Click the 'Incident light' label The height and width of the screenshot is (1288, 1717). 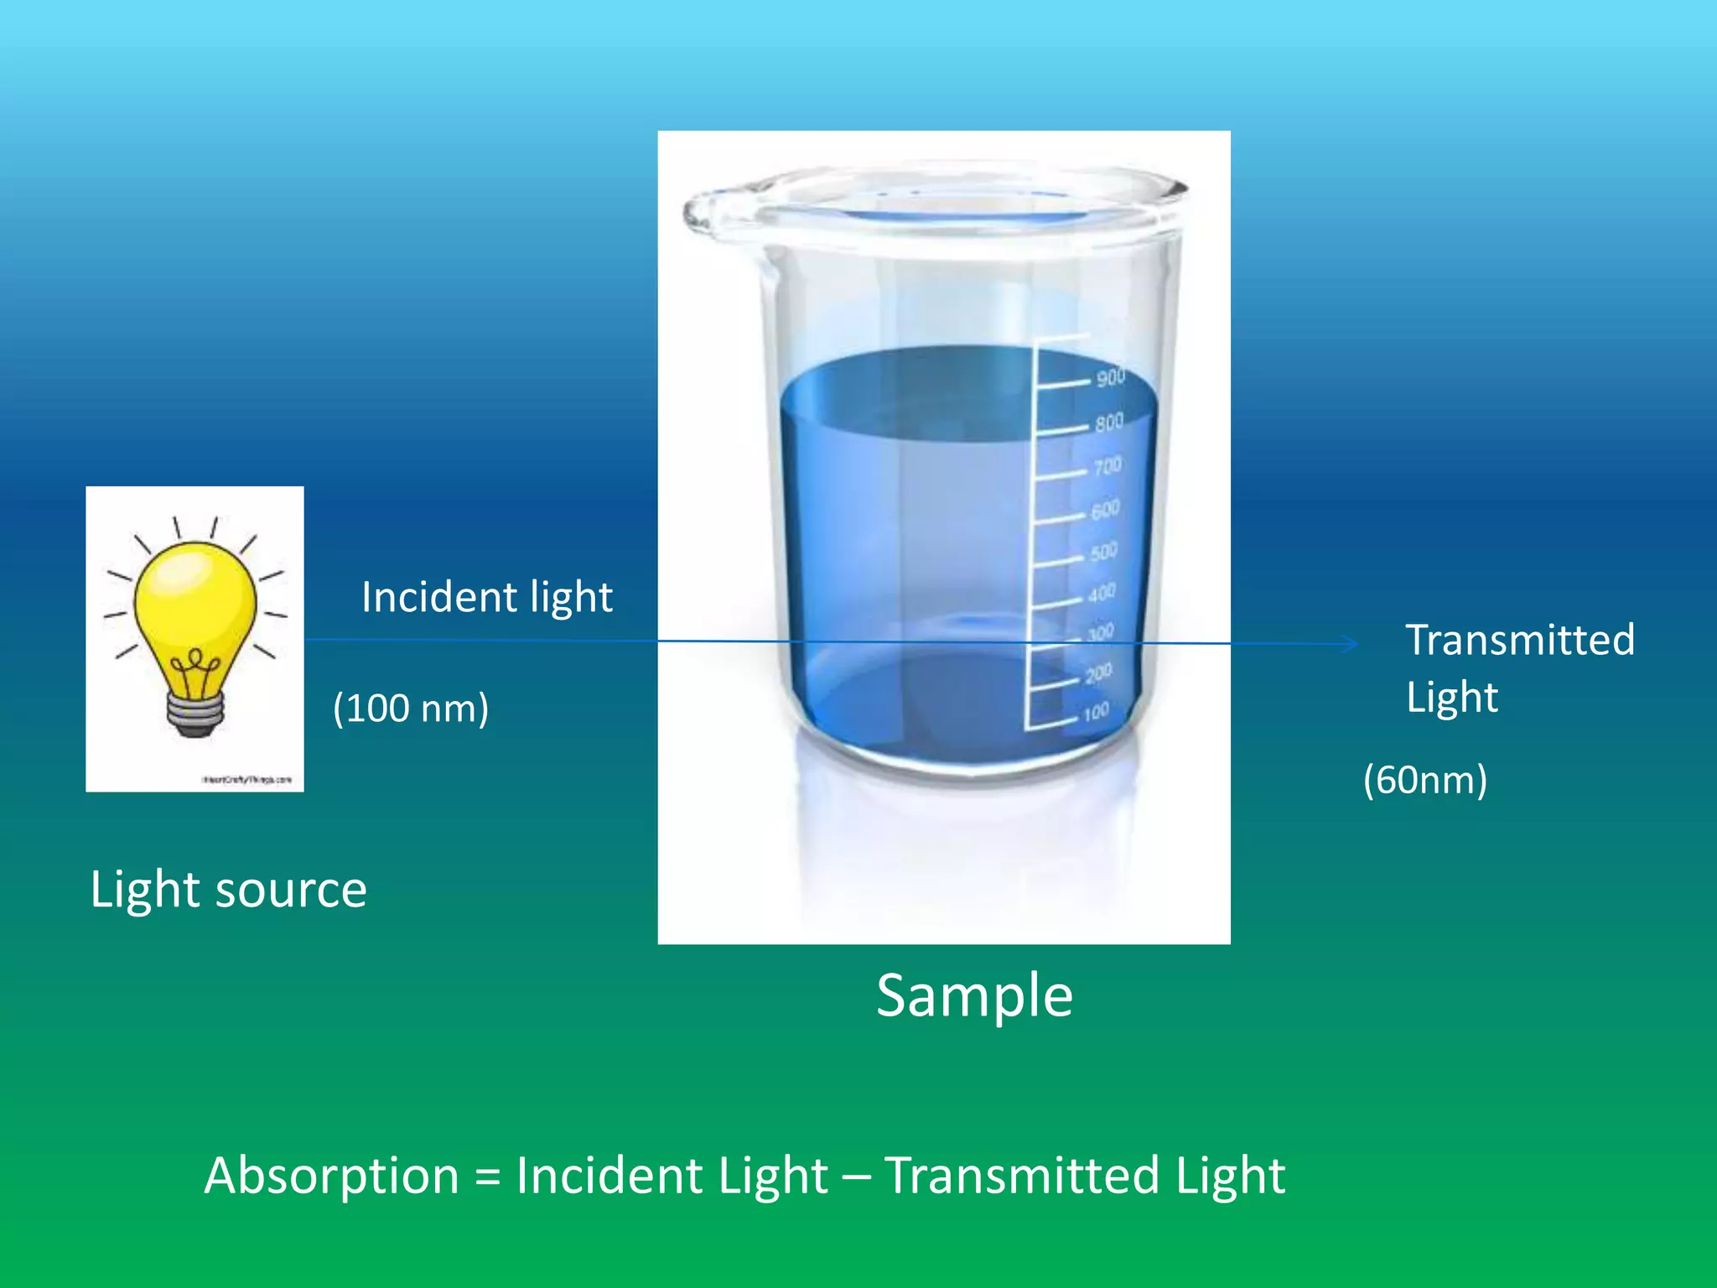(487, 597)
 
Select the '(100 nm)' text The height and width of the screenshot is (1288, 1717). (411, 709)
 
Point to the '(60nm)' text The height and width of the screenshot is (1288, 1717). (1425, 780)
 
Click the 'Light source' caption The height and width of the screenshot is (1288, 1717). (228, 889)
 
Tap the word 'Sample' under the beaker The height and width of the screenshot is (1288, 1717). (974, 995)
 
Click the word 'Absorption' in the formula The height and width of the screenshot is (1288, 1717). (331, 1176)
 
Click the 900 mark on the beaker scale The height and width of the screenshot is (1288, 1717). (1110, 377)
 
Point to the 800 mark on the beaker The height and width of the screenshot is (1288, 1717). (1108, 422)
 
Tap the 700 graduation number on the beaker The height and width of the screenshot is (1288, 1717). (1107, 466)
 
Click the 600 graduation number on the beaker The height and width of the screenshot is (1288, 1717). (1105, 509)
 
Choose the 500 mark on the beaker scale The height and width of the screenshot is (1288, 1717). (1103, 552)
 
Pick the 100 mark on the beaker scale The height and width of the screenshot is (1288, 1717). (1096, 713)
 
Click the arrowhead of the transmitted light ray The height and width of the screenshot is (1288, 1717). (1350, 644)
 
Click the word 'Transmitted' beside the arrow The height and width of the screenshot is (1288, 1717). (1520, 641)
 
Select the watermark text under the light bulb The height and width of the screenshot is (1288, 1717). (246, 780)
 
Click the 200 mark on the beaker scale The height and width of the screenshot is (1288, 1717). (1097, 673)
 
